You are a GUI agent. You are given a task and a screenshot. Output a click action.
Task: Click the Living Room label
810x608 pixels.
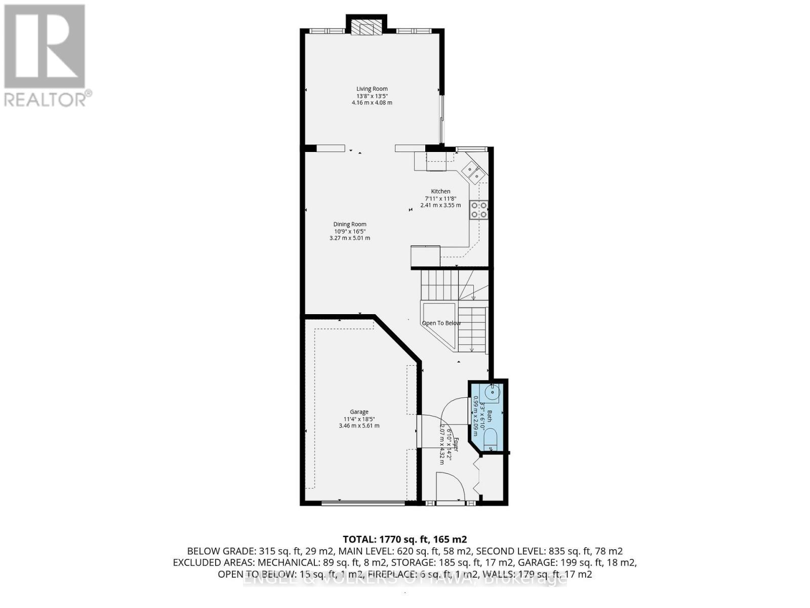372,89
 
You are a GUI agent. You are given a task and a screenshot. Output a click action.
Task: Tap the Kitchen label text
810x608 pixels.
440,192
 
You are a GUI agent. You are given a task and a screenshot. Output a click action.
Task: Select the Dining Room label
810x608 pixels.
349,224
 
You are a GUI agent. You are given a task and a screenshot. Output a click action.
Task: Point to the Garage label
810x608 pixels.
359,412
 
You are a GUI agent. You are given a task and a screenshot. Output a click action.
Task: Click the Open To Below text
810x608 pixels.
441,323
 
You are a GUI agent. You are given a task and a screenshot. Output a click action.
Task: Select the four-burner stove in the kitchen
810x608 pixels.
479,210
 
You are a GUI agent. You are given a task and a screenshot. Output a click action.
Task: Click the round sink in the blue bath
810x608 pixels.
492,391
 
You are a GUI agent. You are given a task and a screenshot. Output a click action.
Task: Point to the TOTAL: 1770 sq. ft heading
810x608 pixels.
404,539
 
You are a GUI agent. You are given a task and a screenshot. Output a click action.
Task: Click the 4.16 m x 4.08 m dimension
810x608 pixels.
372,103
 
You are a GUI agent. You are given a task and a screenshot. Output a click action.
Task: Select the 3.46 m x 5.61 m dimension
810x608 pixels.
359,426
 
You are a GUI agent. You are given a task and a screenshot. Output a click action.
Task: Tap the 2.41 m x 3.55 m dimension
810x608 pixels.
440,205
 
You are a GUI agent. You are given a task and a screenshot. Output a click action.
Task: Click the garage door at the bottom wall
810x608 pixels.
363,503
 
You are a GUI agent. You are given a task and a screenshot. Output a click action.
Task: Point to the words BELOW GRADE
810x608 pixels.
221,551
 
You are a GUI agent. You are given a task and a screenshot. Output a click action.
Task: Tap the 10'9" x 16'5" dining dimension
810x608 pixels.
349,231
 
